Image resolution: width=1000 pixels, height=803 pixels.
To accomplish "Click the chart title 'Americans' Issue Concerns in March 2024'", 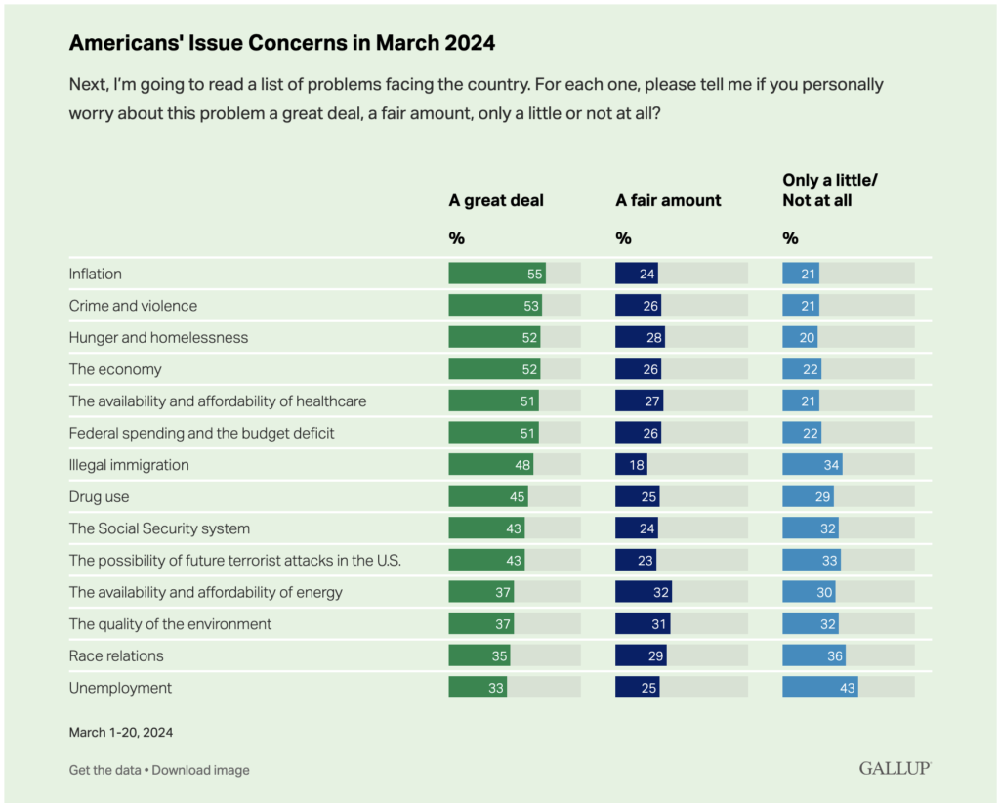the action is tap(282, 43).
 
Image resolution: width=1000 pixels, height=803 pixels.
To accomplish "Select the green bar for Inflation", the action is tap(497, 273).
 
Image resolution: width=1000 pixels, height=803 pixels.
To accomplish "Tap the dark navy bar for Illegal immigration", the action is tap(632, 464).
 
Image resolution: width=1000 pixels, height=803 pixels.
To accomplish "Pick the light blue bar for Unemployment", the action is tap(820, 688).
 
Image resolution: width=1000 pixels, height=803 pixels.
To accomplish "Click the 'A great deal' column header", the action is tap(496, 200).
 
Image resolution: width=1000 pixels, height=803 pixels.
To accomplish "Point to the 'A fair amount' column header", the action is tap(668, 200).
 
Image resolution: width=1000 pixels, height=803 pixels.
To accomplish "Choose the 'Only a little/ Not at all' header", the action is tap(830, 190).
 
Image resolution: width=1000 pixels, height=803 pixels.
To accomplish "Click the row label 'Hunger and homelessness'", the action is tap(158, 337).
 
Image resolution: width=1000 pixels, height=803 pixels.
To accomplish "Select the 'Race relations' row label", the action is tap(116, 655).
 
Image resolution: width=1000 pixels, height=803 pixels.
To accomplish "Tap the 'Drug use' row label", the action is tap(99, 497).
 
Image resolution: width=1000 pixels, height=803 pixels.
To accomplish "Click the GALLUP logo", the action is tap(895, 768).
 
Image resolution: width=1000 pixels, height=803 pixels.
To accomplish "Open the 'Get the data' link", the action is tap(104, 770).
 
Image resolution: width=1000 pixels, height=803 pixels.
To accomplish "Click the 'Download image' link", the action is tap(200, 770).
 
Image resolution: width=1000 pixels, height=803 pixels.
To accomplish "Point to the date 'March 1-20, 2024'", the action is tap(120, 733).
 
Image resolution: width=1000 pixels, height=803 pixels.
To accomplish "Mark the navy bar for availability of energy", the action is tap(644, 592).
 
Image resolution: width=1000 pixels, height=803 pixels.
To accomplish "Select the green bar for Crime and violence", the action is tap(495, 305).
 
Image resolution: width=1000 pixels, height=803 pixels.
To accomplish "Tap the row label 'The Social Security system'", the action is tap(159, 528).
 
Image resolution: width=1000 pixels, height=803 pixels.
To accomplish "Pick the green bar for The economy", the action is tap(494, 368).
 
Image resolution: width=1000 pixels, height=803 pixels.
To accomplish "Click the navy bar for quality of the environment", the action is tap(643, 624).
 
